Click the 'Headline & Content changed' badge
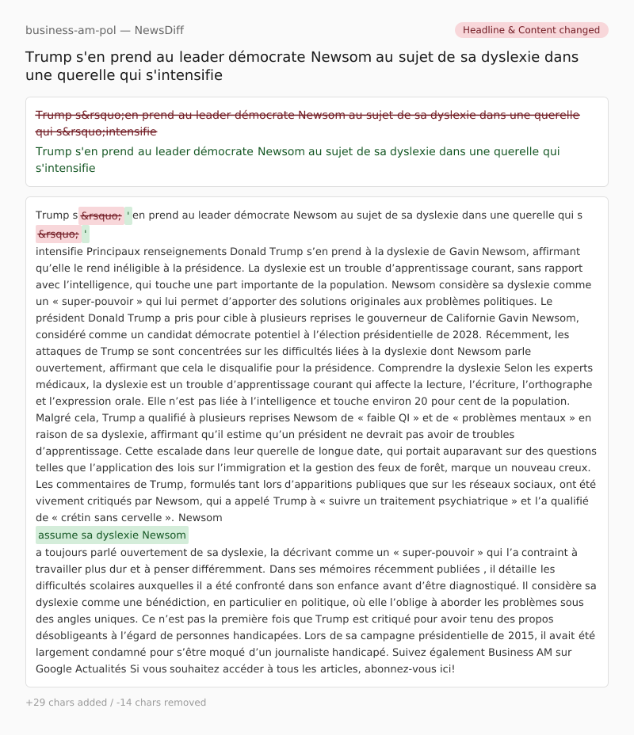pyautogui.click(x=531, y=30)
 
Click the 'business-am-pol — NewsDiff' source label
pyautogui.click(x=105, y=30)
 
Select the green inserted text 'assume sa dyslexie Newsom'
pyautogui.click(x=112, y=535)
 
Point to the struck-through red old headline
pyautogui.click(x=307, y=123)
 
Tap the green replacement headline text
pyautogui.click(x=298, y=159)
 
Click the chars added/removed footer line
pyautogui.click(x=116, y=703)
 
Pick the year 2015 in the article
pyautogui.click(x=488, y=635)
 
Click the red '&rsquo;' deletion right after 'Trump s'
pyautogui.click(x=101, y=215)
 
